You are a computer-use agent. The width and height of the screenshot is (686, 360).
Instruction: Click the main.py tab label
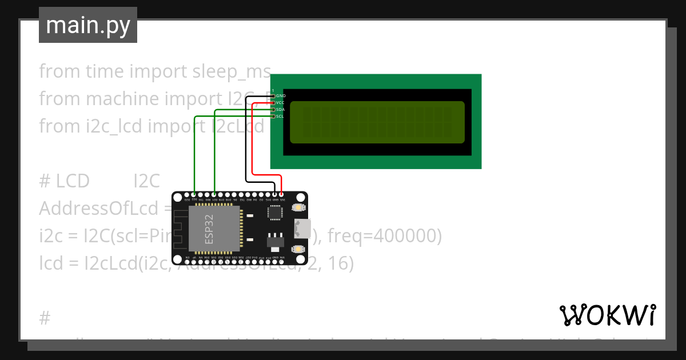(87, 26)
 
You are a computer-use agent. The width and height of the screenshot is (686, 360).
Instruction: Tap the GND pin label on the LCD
(280, 96)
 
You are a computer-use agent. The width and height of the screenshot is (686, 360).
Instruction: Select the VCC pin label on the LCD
(280, 103)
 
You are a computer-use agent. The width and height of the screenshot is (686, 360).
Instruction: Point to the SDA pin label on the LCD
(280, 110)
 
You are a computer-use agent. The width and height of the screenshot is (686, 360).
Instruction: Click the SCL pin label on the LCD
(280, 117)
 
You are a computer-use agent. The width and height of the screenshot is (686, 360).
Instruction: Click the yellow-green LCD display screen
(377, 122)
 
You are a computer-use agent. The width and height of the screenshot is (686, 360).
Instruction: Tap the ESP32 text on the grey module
(209, 229)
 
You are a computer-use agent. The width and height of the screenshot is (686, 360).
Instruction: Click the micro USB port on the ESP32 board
(304, 229)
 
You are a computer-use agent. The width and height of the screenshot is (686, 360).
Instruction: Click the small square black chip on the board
(275, 213)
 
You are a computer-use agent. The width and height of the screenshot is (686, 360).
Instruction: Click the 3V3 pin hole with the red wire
(281, 195)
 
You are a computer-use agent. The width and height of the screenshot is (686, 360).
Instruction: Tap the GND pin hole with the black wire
(275, 195)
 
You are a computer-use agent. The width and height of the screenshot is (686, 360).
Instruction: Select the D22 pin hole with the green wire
(195, 195)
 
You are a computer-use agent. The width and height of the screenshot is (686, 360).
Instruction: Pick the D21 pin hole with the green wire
(214, 195)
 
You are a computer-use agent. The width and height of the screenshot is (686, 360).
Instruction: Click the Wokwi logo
(607, 315)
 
